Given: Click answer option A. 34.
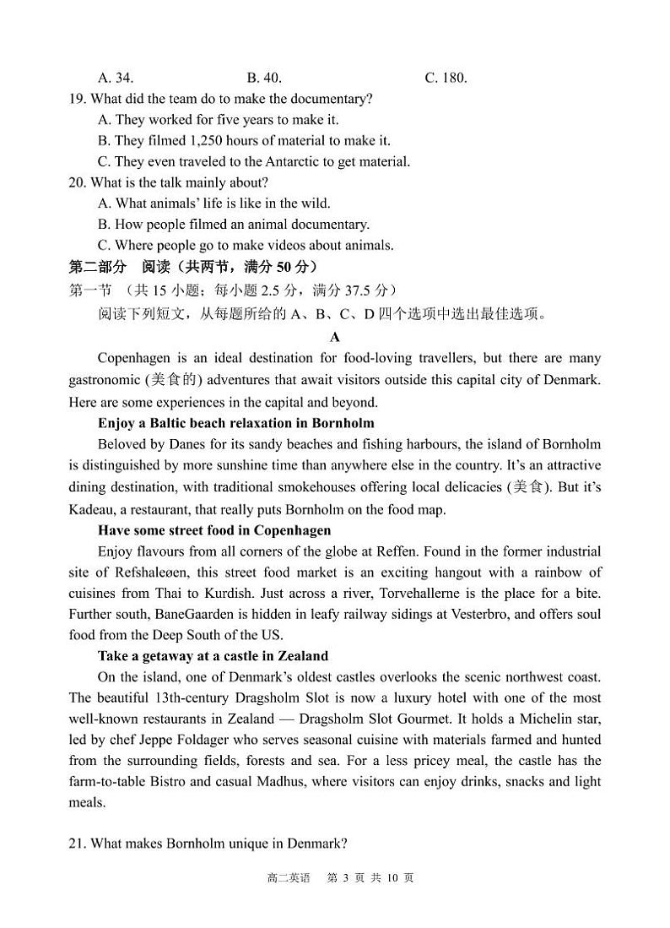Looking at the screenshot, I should coord(116,78).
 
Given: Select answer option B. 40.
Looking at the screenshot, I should coord(264,78).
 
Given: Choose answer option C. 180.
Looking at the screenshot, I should coord(446,78).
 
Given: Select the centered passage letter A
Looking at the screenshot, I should coord(335,337).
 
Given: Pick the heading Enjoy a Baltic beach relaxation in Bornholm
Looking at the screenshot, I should coord(236,423).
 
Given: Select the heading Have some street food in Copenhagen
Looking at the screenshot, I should coord(214,530).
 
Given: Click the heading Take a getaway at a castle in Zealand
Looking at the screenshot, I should coord(213,656).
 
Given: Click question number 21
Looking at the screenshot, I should coord(78,844).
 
